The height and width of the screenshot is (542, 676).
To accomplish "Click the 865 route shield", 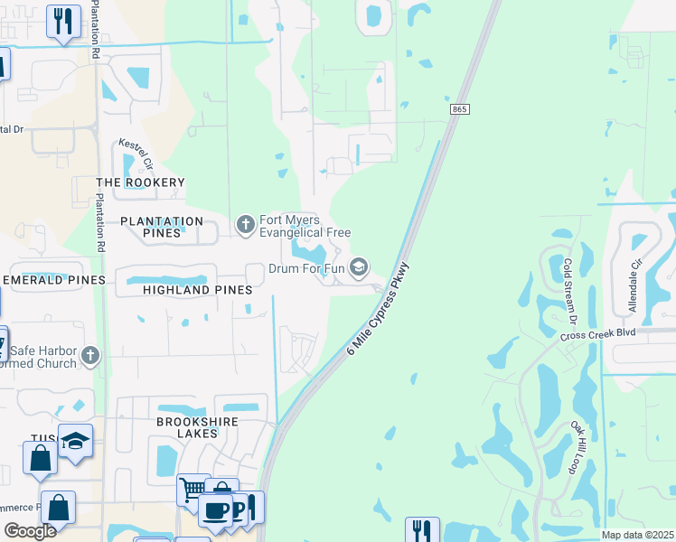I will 459,109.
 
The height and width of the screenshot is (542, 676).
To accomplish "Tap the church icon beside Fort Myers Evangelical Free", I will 245,225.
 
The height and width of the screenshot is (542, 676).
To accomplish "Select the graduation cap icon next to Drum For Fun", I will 359,267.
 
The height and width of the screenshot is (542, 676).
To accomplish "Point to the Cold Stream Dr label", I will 569,291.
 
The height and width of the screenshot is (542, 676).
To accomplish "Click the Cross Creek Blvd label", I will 598,333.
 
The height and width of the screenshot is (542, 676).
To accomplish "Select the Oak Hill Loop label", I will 573,446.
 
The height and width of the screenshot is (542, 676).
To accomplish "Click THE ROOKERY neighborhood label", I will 140,182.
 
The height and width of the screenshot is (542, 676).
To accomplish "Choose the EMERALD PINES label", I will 54,280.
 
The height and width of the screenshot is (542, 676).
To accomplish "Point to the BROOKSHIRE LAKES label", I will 188,426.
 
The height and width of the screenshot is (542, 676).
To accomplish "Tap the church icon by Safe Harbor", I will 89,356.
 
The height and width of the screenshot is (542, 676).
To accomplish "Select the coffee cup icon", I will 216,510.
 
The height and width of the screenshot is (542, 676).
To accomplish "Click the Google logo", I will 30,530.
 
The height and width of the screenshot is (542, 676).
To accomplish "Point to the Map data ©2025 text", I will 637,535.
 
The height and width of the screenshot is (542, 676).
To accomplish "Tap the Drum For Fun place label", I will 307,269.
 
